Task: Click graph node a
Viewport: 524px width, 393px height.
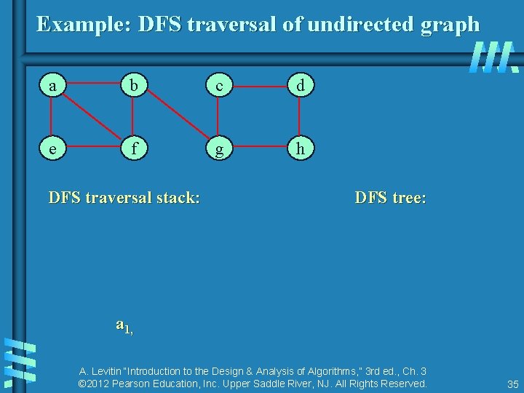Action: pos(51,86)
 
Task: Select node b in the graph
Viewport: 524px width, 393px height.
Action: pos(132,86)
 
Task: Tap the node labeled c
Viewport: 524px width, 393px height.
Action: pos(218,86)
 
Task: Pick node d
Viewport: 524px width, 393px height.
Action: pos(300,86)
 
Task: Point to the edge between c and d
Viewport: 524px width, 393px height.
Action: pos(259,86)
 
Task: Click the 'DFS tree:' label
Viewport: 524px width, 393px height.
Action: pos(390,197)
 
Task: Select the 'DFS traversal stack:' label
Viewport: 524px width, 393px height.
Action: pos(124,197)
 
